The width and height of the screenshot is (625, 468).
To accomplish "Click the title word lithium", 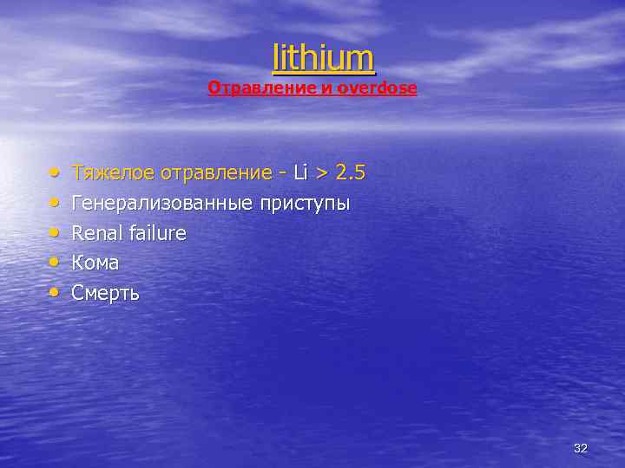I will click(x=324, y=57).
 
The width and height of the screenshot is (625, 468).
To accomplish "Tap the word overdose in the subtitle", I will click(x=379, y=88).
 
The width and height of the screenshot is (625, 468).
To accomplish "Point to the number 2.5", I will click(x=350, y=173).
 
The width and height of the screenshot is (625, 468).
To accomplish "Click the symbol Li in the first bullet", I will click(x=301, y=173).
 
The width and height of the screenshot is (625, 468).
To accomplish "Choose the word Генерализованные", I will click(x=162, y=204).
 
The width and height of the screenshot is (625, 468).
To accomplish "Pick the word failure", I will click(x=156, y=233).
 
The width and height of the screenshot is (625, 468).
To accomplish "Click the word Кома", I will click(x=95, y=263).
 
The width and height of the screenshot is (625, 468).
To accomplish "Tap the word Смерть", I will click(x=105, y=293).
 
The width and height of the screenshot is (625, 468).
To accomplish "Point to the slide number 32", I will click(x=581, y=448).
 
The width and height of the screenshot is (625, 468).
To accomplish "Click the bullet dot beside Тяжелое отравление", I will click(x=54, y=173).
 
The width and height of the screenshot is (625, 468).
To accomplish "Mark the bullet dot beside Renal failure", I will click(x=54, y=233).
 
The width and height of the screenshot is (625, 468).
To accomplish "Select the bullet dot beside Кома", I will click(x=54, y=263).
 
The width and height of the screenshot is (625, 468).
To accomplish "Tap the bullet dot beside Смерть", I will click(x=54, y=293).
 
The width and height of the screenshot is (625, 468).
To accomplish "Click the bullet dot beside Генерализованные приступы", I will click(x=54, y=204).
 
